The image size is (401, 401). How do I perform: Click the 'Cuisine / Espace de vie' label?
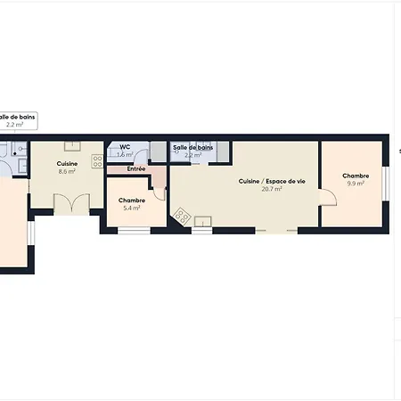pyautogui.click(x=272, y=181)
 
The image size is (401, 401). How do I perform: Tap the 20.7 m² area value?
pyautogui.click(x=272, y=189)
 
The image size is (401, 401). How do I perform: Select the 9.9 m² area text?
pyautogui.click(x=355, y=184)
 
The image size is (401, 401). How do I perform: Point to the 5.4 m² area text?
pyautogui.click(x=132, y=208)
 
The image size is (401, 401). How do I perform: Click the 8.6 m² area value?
pyautogui.click(x=67, y=171)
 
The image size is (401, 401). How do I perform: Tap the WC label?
pyautogui.click(x=125, y=147)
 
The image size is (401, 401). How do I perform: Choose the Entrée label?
pyautogui.click(x=136, y=168)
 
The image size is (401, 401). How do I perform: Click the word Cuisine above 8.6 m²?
pyautogui.click(x=67, y=163)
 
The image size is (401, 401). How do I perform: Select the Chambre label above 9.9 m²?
pyautogui.click(x=355, y=176)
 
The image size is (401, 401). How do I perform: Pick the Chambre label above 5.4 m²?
pyautogui.click(x=132, y=200)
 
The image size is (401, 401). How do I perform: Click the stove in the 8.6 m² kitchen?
pyautogui.click(x=96, y=160)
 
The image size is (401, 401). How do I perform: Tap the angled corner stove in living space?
pyautogui.click(x=183, y=217)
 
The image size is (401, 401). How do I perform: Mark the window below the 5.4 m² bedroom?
pyautogui.click(x=134, y=231)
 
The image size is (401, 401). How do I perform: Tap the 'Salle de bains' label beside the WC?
pyautogui.click(x=192, y=147)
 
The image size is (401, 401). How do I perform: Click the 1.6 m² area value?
pyautogui.click(x=125, y=155)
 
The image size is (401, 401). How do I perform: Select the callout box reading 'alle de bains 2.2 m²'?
pyautogui.click(x=16, y=120)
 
